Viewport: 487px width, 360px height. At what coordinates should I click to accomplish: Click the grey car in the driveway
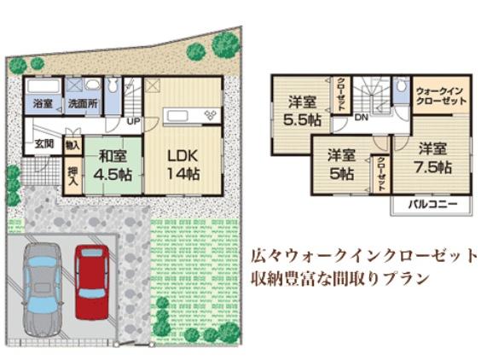[41, 288]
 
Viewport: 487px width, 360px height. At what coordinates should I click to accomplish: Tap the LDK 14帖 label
[183, 165]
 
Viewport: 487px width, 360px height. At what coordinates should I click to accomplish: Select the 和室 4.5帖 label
[113, 165]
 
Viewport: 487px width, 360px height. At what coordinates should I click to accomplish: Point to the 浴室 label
[42, 103]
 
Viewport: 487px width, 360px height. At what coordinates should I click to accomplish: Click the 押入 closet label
[73, 177]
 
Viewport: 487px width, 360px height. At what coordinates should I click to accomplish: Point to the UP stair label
[133, 120]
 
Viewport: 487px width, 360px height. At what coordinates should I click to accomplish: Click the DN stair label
[361, 117]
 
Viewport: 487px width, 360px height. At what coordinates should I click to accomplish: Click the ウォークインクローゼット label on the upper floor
[441, 95]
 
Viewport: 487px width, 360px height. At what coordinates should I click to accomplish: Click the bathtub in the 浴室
[42, 87]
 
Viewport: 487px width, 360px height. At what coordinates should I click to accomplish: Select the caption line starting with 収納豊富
[339, 279]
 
